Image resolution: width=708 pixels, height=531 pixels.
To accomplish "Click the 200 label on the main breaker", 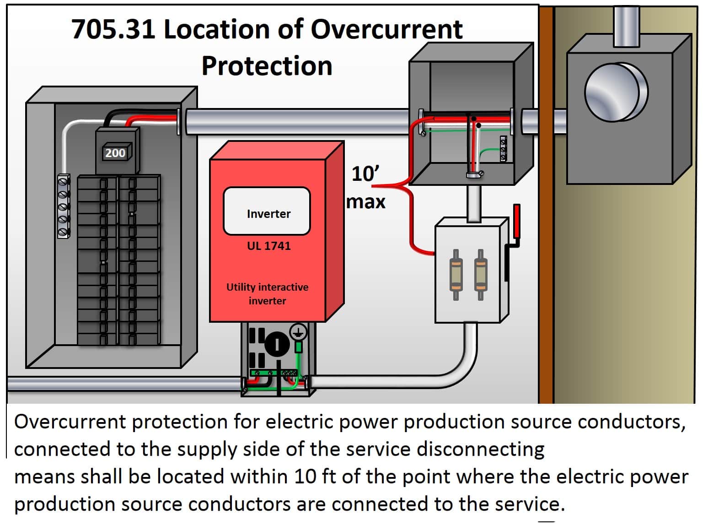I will tap(115, 152).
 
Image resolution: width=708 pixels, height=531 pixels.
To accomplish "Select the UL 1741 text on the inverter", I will tap(268, 246).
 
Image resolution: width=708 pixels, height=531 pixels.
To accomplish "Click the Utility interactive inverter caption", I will tap(268, 293).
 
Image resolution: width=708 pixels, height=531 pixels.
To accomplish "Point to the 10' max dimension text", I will tap(365, 188).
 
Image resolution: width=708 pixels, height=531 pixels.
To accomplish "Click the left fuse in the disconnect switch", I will tap(456, 275).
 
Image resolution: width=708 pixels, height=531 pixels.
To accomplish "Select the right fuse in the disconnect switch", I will tap(480, 275).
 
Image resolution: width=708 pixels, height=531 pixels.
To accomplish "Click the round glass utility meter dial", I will tap(616, 92).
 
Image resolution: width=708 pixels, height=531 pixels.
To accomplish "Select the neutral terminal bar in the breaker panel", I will tap(64, 206).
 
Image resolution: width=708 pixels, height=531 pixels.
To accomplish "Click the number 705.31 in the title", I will tap(113, 29).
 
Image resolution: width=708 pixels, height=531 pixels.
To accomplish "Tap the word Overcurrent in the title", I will tap(386, 29).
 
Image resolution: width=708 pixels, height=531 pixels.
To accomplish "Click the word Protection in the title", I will tap(267, 65).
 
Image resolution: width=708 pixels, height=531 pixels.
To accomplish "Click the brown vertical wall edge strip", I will tap(546, 206).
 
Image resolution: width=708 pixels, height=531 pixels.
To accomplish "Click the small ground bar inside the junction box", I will tap(504, 148).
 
